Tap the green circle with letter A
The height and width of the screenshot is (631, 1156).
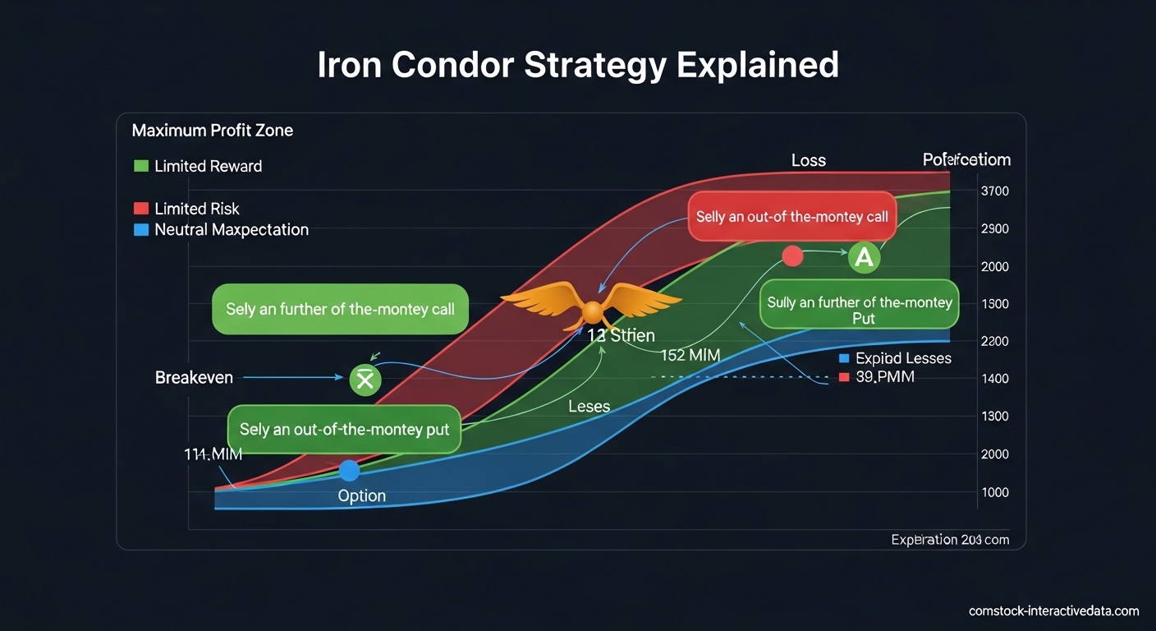tap(864, 257)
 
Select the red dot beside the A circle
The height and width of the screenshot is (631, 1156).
tap(792, 256)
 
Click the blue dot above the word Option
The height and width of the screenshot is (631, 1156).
tap(350, 471)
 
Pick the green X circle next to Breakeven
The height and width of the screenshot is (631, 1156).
tap(365, 380)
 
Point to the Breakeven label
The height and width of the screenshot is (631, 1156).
tap(194, 378)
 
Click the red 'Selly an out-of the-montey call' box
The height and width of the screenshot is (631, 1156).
tap(791, 217)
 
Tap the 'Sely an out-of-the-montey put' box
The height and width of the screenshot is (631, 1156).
tap(344, 430)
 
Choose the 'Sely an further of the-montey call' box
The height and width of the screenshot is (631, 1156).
tap(340, 310)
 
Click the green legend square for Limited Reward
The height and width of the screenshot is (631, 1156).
tap(140, 166)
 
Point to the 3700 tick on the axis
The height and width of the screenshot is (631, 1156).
tap(994, 191)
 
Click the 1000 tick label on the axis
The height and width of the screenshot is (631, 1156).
tap(994, 492)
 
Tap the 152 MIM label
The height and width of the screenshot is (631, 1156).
tap(690, 356)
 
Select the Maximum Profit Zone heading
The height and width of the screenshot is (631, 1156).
tap(212, 130)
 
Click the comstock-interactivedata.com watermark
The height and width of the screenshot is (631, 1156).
tap(1053, 610)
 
